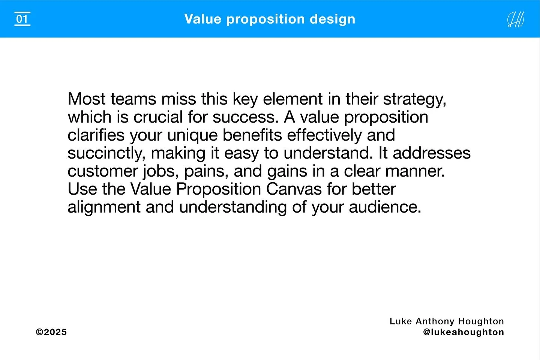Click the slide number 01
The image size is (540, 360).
[22, 19]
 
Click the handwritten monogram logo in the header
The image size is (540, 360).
[516, 19]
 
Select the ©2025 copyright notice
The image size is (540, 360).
[51, 332]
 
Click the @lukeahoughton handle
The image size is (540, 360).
[463, 332]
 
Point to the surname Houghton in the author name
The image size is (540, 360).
[481, 321]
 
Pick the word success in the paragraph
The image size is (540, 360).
[244, 117]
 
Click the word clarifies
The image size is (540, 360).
[96, 135]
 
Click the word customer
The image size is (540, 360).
[102, 171]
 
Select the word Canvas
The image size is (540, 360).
[294, 189]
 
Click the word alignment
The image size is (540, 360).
[104, 207]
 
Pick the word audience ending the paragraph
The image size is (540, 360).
[385, 207]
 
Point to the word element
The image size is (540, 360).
[293, 99]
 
